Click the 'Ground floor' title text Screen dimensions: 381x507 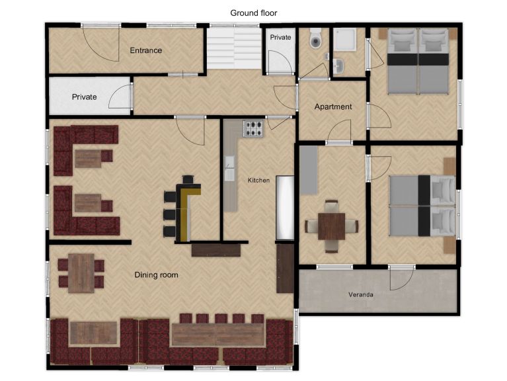click(x=254, y=13)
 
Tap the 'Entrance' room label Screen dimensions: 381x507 click(x=145, y=50)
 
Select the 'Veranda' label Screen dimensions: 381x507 click(x=362, y=294)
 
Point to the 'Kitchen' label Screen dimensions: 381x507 click(x=258, y=180)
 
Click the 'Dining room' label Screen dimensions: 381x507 click(x=156, y=275)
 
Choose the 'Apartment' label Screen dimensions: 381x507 click(x=332, y=106)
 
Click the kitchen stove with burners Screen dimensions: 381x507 click(x=253, y=128)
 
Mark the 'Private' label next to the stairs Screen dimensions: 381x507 click(x=280, y=38)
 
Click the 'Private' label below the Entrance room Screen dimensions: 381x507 click(x=84, y=97)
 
